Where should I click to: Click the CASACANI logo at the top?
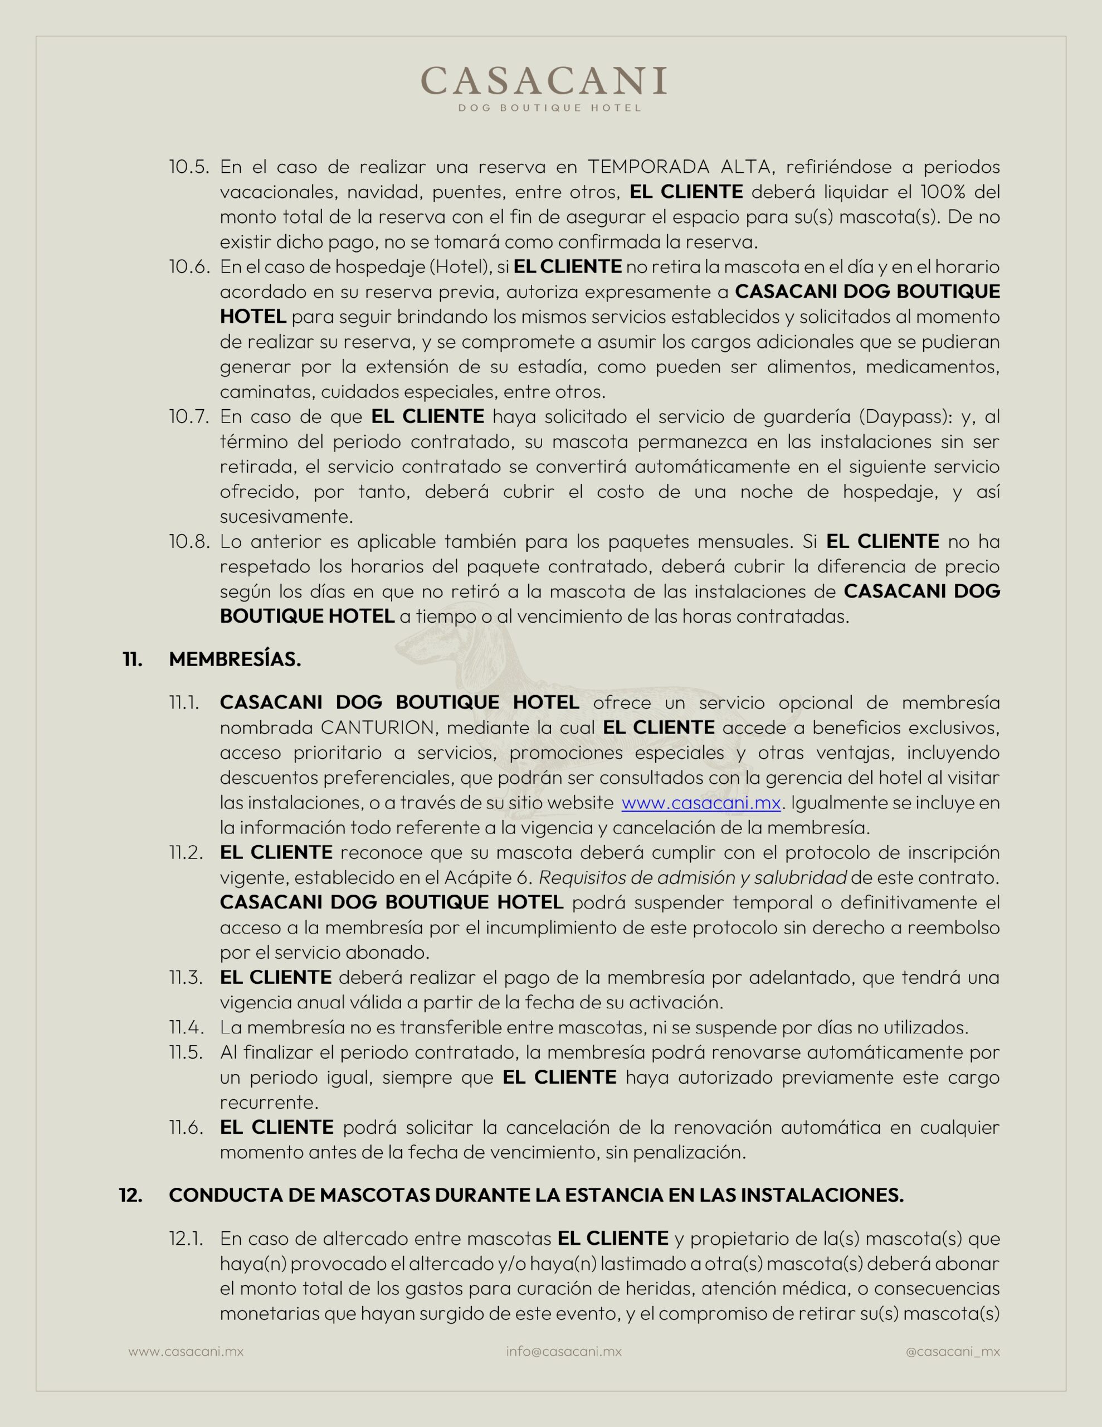(x=544, y=81)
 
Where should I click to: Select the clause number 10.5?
(x=189, y=167)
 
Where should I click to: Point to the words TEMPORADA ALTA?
(x=679, y=167)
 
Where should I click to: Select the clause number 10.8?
(x=189, y=542)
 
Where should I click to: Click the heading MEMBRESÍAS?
(x=235, y=659)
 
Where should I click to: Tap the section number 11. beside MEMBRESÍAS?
(x=133, y=659)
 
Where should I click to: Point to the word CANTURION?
(x=378, y=728)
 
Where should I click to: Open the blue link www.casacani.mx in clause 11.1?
(x=701, y=803)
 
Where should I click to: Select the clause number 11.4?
(x=187, y=1028)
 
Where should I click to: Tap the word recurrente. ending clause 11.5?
(x=269, y=1103)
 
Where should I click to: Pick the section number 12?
(x=130, y=1196)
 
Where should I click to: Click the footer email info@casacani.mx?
(x=564, y=1351)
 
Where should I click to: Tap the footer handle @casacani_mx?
(x=952, y=1351)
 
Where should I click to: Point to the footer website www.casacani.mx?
(x=186, y=1351)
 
